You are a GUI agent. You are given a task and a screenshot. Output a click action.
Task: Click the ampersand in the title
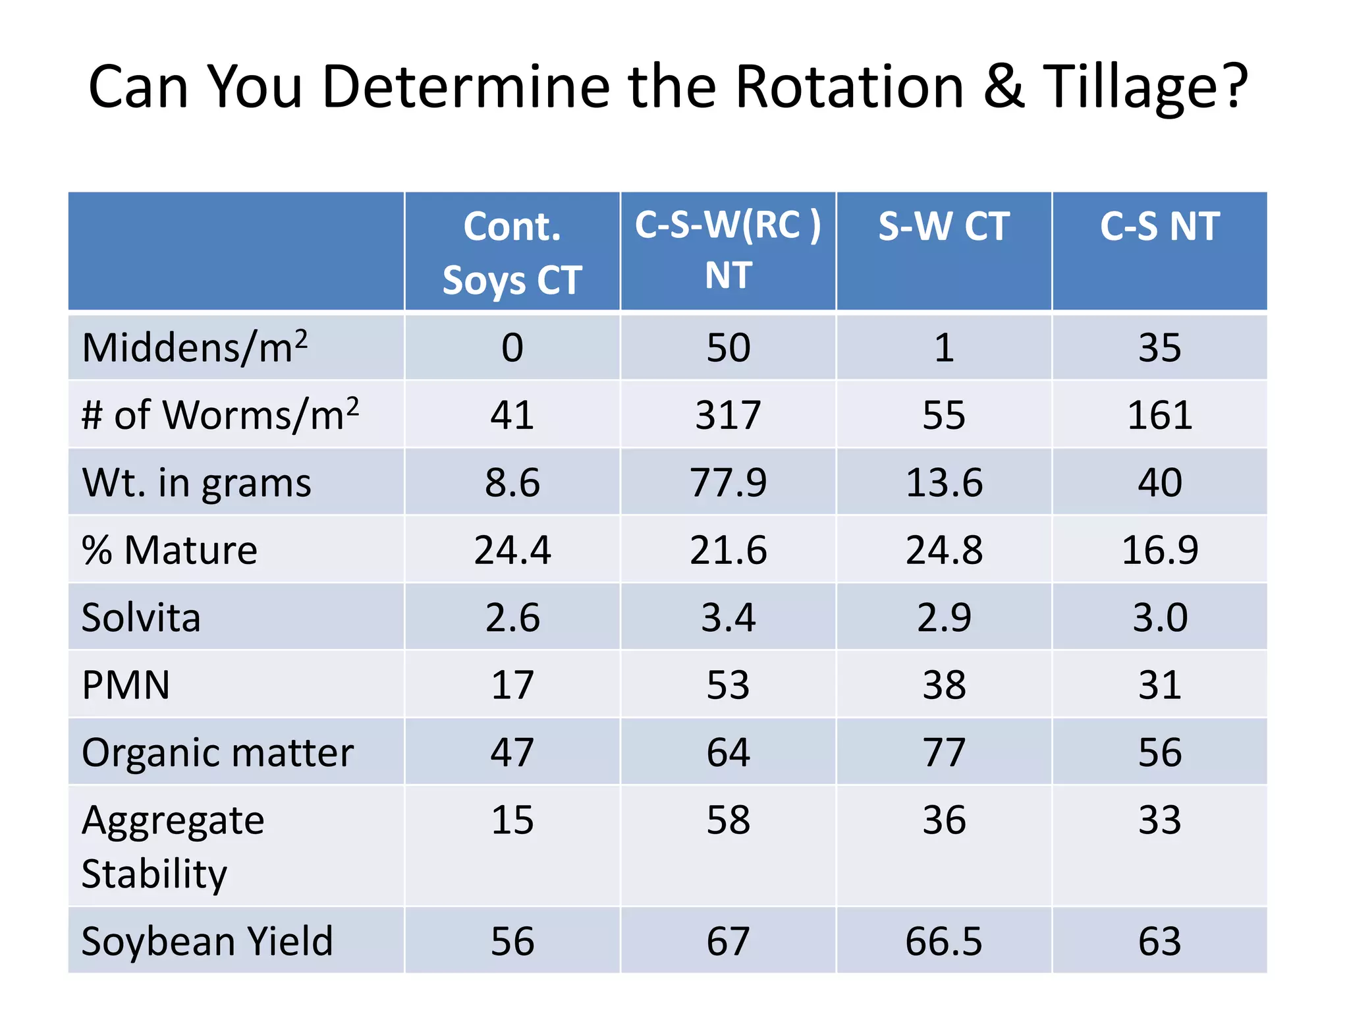(x=1003, y=88)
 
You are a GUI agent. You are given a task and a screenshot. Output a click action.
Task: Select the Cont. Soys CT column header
(x=512, y=252)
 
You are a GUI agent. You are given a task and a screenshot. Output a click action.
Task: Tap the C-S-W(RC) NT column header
(x=728, y=250)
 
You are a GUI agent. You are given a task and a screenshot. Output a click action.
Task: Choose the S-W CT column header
(x=943, y=227)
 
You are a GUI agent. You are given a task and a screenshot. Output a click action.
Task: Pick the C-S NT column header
(x=1159, y=227)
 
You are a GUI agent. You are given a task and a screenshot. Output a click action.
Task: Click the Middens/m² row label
(x=194, y=347)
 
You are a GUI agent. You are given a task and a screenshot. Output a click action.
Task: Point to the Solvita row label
(x=141, y=617)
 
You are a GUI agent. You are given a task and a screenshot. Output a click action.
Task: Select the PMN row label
(x=126, y=685)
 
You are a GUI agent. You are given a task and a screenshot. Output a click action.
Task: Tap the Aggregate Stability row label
(x=173, y=847)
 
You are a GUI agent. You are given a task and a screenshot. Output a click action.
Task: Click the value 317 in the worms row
(x=728, y=415)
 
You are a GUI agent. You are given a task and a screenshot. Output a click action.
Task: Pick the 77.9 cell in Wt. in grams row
(x=728, y=482)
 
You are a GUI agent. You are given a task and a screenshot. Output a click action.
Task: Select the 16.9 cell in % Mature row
(x=1159, y=550)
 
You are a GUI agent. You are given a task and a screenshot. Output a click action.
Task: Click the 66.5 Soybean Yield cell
(x=943, y=941)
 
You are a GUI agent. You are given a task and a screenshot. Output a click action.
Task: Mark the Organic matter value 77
(x=943, y=752)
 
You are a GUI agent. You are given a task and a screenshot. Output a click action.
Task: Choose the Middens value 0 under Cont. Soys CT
(x=512, y=347)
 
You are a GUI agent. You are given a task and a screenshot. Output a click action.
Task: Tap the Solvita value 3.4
(x=728, y=617)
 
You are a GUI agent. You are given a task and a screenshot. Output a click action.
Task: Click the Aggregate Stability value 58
(x=728, y=820)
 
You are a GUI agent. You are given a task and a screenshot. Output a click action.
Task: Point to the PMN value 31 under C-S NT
(x=1159, y=685)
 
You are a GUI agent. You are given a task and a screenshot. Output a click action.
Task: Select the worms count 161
(x=1159, y=415)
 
